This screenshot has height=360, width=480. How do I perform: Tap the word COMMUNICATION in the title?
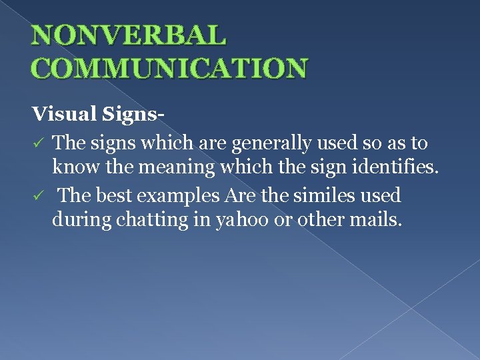click(x=170, y=68)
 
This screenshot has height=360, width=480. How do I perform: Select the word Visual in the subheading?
click(x=65, y=115)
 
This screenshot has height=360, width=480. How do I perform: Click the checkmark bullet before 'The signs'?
click(x=39, y=144)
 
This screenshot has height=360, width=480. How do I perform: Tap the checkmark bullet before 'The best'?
click(x=39, y=197)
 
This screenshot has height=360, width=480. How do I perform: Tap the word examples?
click(x=179, y=196)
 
